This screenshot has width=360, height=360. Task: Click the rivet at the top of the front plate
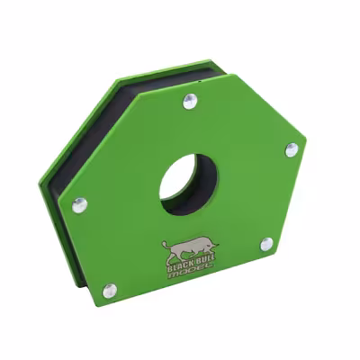189,101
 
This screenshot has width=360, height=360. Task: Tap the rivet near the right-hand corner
291,150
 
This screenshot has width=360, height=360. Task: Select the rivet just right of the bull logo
266,244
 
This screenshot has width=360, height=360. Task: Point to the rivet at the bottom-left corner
109,290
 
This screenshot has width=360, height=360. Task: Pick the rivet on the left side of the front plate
79,205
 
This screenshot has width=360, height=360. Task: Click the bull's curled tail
165,243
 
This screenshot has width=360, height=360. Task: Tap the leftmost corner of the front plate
63,203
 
